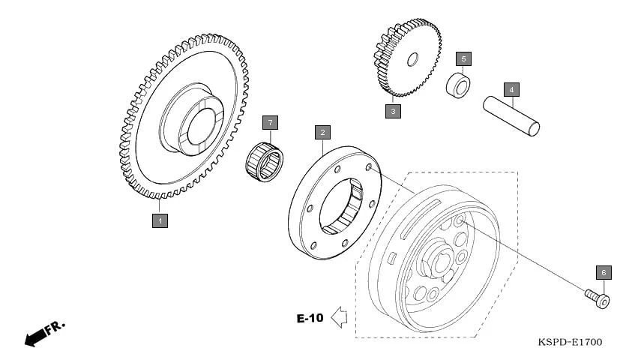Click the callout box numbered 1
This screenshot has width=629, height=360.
(x=159, y=220)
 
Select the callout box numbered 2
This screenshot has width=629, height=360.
(x=322, y=133)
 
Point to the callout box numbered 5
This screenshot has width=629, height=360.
(x=464, y=58)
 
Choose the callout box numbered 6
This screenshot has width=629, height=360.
(x=604, y=272)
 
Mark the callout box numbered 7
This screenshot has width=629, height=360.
(x=269, y=122)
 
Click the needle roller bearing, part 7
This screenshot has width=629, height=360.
(x=265, y=160)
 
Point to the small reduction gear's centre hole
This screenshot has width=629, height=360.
(x=412, y=60)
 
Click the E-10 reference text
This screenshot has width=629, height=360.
(x=310, y=318)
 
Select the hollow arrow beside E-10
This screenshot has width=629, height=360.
(x=339, y=318)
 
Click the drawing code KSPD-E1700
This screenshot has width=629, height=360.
(x=570, y=342)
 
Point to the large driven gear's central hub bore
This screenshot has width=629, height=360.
(x=200, y=124)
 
